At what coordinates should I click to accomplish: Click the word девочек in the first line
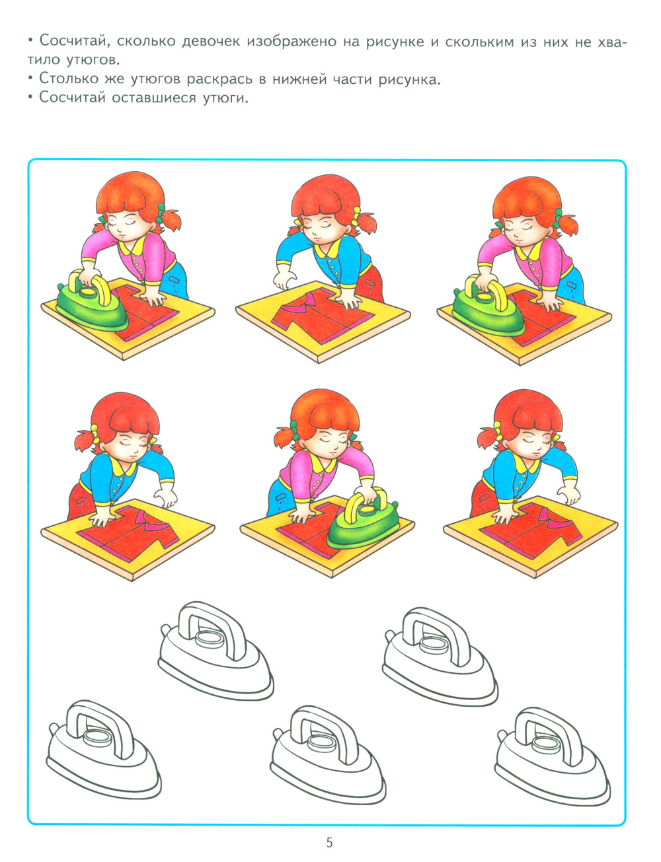[211, 41]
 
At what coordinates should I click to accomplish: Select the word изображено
[292, 42]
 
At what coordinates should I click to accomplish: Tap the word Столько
[68, 79]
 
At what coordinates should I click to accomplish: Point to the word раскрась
[219, 80]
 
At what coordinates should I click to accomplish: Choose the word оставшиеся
[154, 98]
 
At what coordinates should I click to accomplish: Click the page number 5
[329, 840]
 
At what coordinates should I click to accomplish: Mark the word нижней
[299, 79]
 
